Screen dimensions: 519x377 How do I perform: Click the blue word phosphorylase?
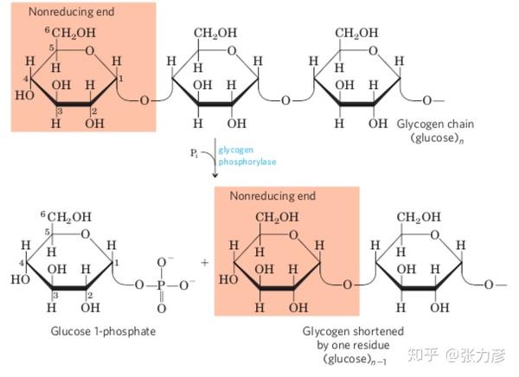click(x=247, y=162)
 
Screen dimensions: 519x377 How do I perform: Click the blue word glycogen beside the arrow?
click(x=235, y=150)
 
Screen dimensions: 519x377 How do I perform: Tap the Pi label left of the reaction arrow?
click(x=195, y=153)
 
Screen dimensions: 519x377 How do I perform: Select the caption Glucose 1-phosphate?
click(x=103, y=331)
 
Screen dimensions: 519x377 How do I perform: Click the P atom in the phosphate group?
click(x=161, y=284)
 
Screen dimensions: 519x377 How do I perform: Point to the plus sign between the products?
click(x=205, y=263)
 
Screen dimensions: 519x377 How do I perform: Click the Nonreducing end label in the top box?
click(x=72, y=12)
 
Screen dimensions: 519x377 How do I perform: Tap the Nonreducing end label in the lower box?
click(x=272, y=196)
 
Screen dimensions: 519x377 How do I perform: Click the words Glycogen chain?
click(x=435, y=125)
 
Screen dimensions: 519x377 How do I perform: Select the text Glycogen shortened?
click(x=353, y=331)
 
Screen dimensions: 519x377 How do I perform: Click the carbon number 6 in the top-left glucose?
click(x=48, y=30)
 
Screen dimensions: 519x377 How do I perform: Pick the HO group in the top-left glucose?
click(x=24, y=95)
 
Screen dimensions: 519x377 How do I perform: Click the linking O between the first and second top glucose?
click(x=144, y=100)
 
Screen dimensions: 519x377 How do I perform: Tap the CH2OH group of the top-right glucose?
click(x=356, y=33)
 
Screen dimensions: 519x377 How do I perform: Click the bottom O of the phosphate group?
click(x=162, y=309)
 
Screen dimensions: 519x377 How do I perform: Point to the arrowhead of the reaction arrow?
click(x=215, y=175)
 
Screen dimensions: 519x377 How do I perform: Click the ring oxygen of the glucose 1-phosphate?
click(x=86, y=234)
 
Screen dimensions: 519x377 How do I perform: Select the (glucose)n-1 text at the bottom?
click(x=355, y=360)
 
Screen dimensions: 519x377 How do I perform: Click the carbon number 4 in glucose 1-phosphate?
click(x=21, y=263)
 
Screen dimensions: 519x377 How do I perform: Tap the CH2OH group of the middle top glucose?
click(x=215, y=33)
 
